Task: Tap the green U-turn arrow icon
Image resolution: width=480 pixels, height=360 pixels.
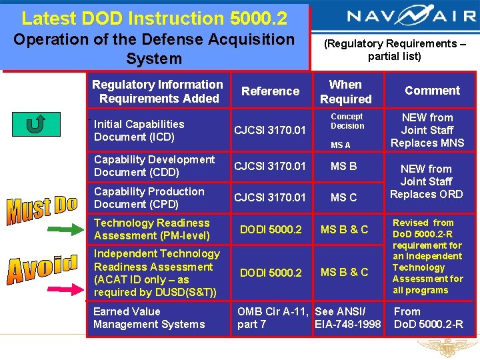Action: (x=32, y=125)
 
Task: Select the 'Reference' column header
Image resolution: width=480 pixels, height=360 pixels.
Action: (x=270, y=91)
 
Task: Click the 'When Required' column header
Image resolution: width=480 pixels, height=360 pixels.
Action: (x=345, y=92)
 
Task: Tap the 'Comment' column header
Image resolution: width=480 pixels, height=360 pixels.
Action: (x=432, y=91)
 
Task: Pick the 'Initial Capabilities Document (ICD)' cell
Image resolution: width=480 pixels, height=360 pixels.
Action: (x=139, y=131)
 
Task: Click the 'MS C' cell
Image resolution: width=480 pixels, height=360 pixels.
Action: (x=344, y=197)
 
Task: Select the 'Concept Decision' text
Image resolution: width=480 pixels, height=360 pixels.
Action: (x=347, y=121)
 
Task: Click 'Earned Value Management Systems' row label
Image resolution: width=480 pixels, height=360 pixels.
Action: (x=149, y=318)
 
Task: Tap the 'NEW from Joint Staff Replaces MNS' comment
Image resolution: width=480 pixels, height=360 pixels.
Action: (x=427, y=131)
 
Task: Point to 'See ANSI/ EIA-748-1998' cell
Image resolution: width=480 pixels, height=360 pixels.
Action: (x=347, y=318)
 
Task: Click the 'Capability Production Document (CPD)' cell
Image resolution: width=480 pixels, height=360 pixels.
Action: (x=149, y=197)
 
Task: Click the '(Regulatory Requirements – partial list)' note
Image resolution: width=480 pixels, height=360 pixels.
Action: (x=395, y=50)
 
